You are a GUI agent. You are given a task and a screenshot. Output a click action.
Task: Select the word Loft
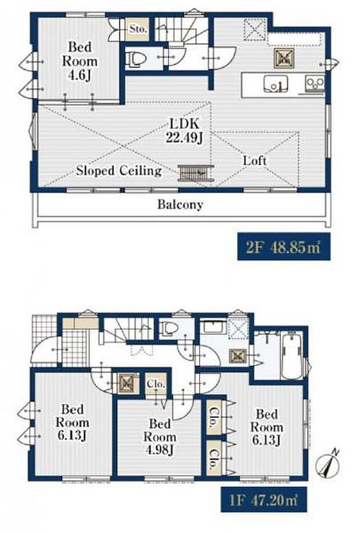tap(255, 160)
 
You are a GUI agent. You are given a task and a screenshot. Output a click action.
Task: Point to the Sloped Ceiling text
tap(119, 171)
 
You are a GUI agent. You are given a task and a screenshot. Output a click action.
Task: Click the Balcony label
tap(180, 204)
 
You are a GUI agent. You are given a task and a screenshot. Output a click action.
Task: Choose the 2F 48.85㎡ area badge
tap(279, 247)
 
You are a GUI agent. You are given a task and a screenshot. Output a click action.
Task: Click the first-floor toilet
tap(167, 329)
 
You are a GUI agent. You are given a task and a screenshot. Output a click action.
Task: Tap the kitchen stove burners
tap(314, 85)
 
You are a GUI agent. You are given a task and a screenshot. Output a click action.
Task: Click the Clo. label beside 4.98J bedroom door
tap(156, 384)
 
